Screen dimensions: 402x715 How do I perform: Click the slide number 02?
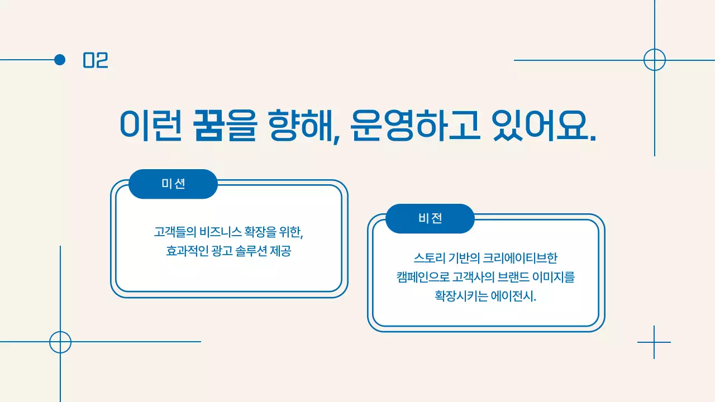click(x=96, y=60)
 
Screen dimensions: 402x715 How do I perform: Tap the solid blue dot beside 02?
click(x=60, y=60)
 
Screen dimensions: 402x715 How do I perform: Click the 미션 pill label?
click(x=173, y=184)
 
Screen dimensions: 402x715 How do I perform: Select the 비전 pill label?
click(x=430, y=218)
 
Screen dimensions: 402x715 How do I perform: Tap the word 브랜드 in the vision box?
click(x=529, y=277)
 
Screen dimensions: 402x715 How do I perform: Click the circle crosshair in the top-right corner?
click(x=655, y=60)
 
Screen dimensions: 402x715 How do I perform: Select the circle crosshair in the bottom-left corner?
click(x=60, y=342)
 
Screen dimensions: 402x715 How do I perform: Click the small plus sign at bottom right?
click(x=654, y=342)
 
